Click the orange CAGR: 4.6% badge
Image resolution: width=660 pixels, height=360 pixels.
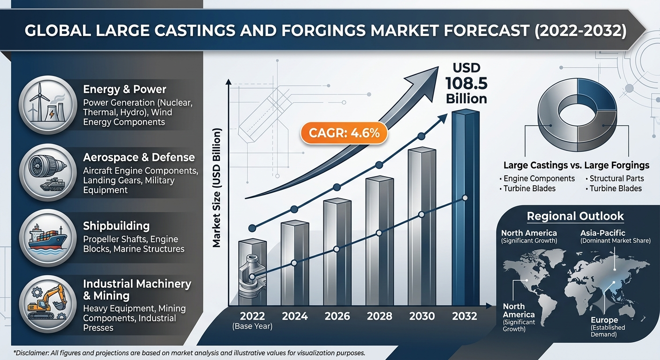[x=344, y=133]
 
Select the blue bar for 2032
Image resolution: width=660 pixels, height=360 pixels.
[x=465, y=208]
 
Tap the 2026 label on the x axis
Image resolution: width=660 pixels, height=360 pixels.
[x=337, y=316]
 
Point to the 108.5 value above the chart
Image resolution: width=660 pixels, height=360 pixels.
[x=466, y=83]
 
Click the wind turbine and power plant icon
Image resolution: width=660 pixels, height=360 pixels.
[x=47, y=105]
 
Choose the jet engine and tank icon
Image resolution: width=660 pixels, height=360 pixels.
[x=47, y=172]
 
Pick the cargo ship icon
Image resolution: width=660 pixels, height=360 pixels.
[x=47, y=238]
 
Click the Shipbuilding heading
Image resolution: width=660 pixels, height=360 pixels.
[x=116, y=226]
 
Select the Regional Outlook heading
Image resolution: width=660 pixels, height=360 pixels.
[x=575, y=216]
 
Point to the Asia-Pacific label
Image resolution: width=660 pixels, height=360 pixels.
[x=602, y=233]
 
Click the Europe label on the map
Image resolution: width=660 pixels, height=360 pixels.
[x=604, y=320]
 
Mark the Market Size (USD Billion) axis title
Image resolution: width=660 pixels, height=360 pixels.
[x=217, y=187]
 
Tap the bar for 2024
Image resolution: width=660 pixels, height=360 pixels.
[x=295, y=263]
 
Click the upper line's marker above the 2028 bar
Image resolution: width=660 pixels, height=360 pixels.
[x=379, y=165]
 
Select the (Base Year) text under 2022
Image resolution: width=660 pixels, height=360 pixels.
[x=252, y=326]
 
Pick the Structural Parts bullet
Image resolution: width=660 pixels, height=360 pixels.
[x=615, y=179]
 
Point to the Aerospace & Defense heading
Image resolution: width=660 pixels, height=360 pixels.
[x=139, y=157]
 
